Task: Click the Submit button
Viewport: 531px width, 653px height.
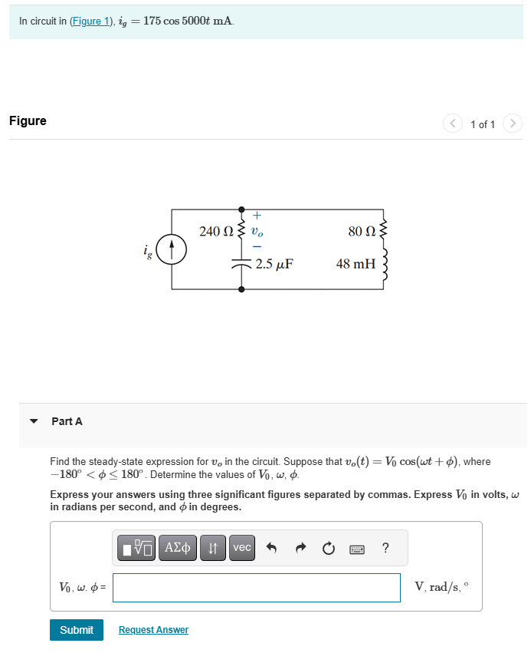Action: [77, 630]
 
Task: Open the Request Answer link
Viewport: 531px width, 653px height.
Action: [153, 630]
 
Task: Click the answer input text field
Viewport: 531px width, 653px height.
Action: [256, 588]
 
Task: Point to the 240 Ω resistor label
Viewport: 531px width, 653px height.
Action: [216, 230]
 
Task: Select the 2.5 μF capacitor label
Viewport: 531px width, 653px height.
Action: [274, 264]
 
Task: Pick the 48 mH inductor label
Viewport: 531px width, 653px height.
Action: [356, 264]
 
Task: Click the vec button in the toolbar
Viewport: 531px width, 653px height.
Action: [242, 548]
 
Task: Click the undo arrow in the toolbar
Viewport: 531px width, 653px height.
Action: [270, 548]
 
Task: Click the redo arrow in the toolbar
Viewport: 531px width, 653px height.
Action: [300, 548]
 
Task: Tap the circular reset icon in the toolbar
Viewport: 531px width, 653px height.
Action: [329, 548]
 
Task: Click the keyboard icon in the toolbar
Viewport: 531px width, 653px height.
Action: [356, 549]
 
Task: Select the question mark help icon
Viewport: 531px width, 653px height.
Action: [385, 548]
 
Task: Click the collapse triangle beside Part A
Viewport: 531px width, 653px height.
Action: [33, 421]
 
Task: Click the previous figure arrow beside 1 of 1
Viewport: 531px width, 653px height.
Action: [453, 124]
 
